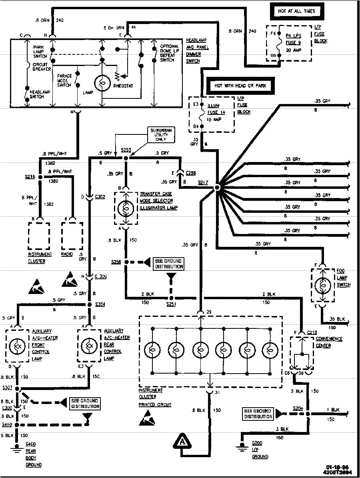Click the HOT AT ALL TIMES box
296,11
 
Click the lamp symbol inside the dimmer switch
102,83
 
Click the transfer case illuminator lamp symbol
125,208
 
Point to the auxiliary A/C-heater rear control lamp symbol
89,345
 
